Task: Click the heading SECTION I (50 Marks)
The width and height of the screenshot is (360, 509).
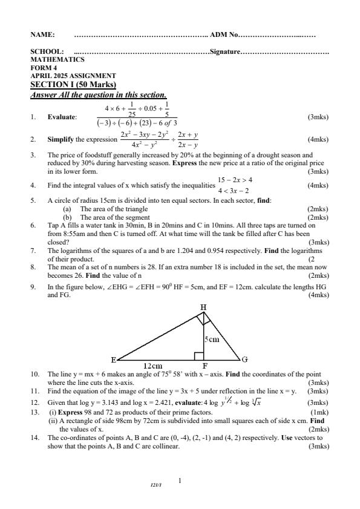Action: pos(73,85)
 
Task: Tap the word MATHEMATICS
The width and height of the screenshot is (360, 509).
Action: pos(57,60)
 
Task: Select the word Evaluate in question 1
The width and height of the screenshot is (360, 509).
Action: pos(62,117)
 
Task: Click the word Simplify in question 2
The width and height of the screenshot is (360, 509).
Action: pos(62,139)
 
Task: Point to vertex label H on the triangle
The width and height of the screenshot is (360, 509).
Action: pos(203,307)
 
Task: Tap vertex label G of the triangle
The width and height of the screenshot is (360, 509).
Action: pos(244,360)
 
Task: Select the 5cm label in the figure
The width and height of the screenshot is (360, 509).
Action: pos(211,340)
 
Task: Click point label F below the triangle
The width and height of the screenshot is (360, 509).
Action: pos(205,366)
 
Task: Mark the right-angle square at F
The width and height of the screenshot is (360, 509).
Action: pos(198,355)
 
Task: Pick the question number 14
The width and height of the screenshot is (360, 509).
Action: pos(34,436)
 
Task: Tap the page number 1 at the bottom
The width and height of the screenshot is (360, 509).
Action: pos(180,481)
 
